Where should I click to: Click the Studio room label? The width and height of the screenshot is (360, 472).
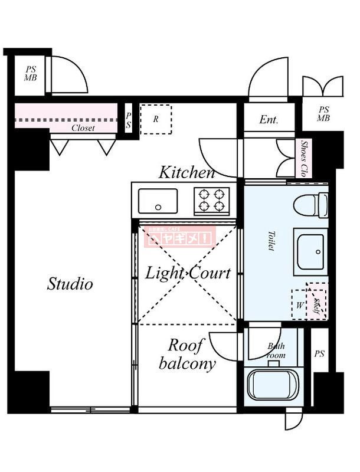[x=70, y=284]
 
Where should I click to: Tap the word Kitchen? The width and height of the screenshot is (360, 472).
[x=186, y=173]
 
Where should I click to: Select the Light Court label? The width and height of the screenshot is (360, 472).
[x=188, y=273]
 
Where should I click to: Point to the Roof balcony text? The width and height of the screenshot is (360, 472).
[x=187, y=355]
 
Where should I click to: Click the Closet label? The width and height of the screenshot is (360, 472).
[x=83, y=127]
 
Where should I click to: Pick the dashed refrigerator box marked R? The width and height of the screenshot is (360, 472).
[x=156, y=119]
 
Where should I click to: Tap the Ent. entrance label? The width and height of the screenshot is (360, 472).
[x=269, y=120]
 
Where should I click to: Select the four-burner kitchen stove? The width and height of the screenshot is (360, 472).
[x=212, y=200]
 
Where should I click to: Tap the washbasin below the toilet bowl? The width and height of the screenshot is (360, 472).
[x=310, y=250]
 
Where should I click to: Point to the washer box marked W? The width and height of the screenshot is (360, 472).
[x=300, y=305]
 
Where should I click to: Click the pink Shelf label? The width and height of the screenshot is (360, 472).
[x=317, y=305]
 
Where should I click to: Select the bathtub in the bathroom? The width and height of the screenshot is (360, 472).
[x=273, y=385]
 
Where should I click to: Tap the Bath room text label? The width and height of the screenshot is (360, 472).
[x=276, y=350]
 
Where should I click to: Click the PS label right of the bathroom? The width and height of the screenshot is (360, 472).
[x=319, y=354]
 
